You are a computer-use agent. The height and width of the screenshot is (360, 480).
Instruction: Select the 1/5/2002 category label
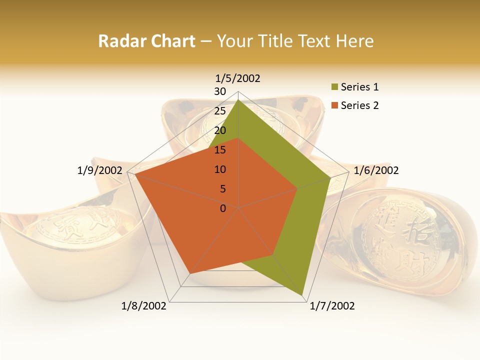(x=238, y=78)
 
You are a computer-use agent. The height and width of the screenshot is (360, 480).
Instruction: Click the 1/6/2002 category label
(x=376, y=170)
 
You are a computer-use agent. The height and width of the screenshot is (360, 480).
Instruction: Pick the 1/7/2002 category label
(x=332, y=306)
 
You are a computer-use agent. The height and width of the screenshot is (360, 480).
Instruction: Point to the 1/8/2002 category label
(x=144, y=306)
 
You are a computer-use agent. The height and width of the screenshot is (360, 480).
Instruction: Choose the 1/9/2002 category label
(x=100, y=170)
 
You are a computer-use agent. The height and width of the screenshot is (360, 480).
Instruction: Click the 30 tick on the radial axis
(x=220, y=91)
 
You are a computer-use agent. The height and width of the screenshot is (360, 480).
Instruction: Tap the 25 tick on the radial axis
(x=220, y=111)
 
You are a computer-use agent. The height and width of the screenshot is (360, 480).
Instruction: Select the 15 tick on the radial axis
(x=220, y=150)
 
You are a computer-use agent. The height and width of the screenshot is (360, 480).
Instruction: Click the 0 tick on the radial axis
(x=223, y=208)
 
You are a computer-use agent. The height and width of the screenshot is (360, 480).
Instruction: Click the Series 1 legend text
(x=360, y=87)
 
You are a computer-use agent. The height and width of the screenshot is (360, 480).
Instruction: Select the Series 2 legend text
(x=360, y=105)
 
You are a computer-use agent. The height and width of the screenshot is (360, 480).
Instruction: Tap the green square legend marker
(x=334, y=87)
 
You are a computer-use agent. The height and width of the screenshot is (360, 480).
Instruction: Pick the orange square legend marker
(x=334, y=105)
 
